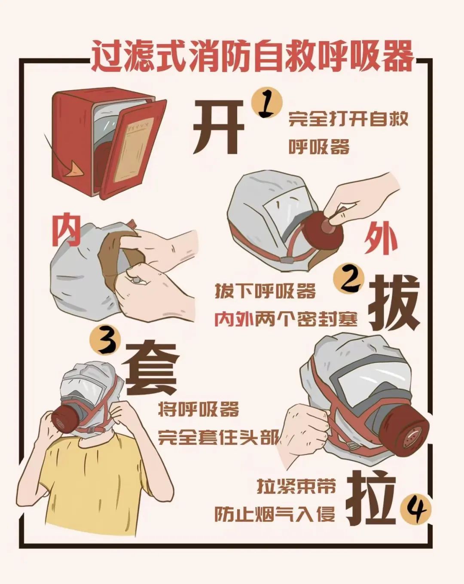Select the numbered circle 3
(105, 341)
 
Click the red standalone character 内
(66, 230)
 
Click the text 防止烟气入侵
(275, 514)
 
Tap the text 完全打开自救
(348, 119)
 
